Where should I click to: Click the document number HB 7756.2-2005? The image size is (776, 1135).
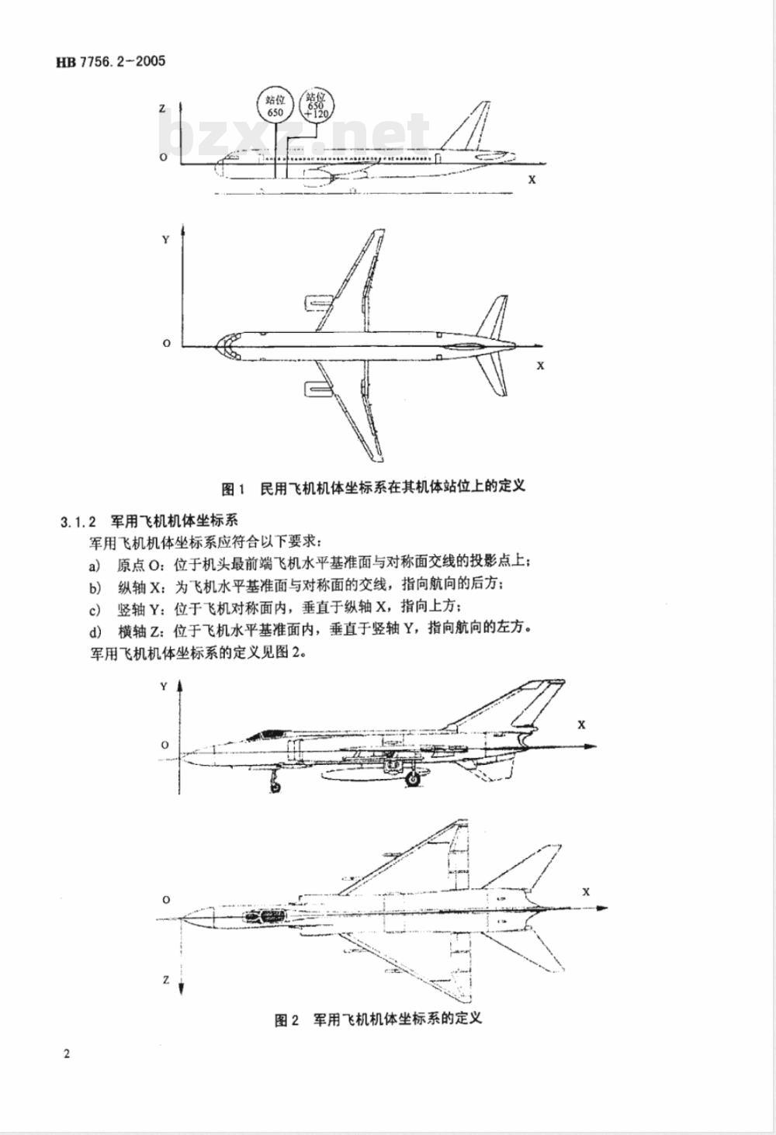pyautogui.click(x=111, y=62)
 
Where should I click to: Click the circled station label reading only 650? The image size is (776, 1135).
pyautogui.click(x=275, y=106)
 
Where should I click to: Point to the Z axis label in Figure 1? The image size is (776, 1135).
pyautogui.click(x=162, y=109)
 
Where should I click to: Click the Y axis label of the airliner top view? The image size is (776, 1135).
pyautogui.click(x=165, y=240)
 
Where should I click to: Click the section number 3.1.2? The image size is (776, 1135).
pyautogui.click(x=78, y=520)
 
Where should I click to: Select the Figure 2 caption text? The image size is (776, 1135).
pyautogui.click(x=378, y=1018)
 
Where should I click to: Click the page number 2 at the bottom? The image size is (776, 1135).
pyautogui.click(x=67, y=1054)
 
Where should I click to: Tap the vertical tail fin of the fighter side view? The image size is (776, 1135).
pyautogui.click(x=535, y=702)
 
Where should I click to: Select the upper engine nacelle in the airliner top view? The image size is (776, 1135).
pyautogui.click(x=317, y=301)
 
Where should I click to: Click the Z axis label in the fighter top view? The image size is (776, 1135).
pyautogui.click(x=166, y=980)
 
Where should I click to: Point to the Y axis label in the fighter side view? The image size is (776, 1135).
pyautogui.click(x=164, y=687)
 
